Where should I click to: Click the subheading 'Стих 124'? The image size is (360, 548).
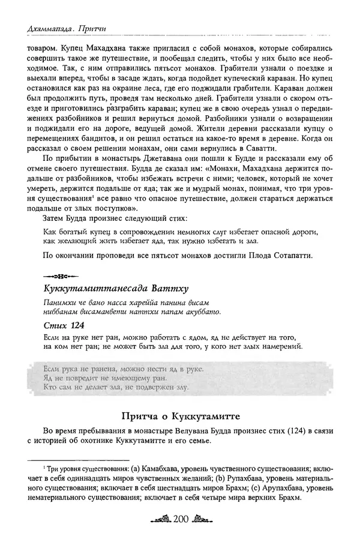(x=64, y=324)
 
